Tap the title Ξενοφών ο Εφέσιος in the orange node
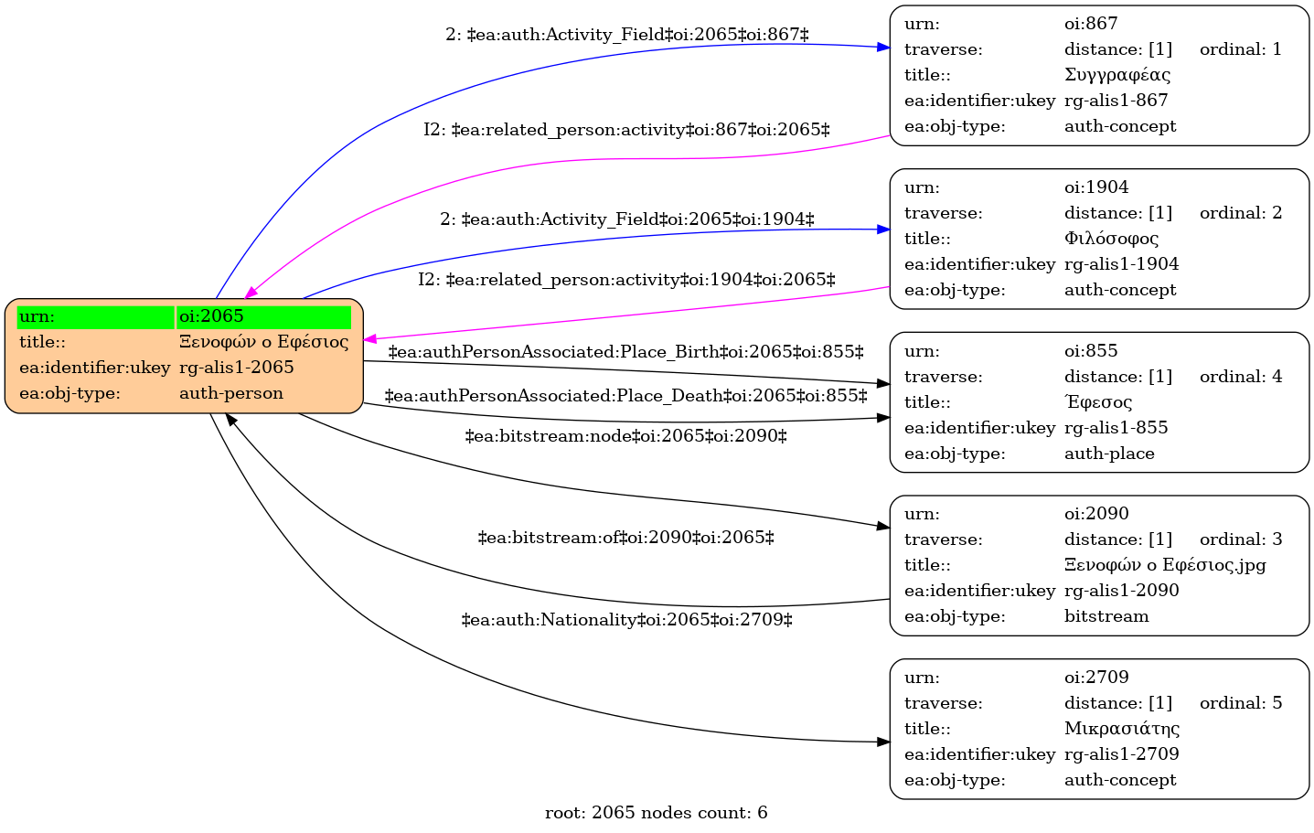263,341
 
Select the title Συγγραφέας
1116,75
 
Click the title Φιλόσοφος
1111,238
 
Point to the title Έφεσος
1097,401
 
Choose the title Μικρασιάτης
1122,728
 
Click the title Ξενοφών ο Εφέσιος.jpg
1165,565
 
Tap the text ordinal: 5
1241,702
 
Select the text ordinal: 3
1241,539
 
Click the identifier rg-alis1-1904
1121,264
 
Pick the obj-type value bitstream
1106,616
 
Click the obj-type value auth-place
1109,454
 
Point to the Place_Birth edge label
625,352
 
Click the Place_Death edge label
625,395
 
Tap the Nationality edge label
626,619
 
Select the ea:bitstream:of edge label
625,538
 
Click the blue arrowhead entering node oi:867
883,48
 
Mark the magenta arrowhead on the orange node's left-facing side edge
370,339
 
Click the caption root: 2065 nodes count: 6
656,813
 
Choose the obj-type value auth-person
231,393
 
